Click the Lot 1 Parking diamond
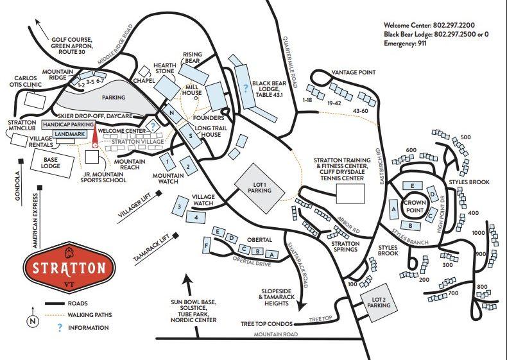(260, 188)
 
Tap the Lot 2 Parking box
(379, 303)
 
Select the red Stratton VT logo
(69, 268)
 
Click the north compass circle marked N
(32, 321)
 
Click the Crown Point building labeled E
(413, 185)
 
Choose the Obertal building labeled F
(206, 246)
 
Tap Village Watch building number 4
(196, 217)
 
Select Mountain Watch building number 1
(168, 162)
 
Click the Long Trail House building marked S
(191, 136)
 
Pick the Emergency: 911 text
(405, 44)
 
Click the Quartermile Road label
(289, 62)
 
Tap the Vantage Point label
(354, 73)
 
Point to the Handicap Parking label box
(69, 124)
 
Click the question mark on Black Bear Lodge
(245, 88)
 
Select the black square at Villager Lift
(159, 193)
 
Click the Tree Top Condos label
(266, 324)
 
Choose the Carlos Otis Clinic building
(35, 100)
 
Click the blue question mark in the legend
(60, 328)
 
